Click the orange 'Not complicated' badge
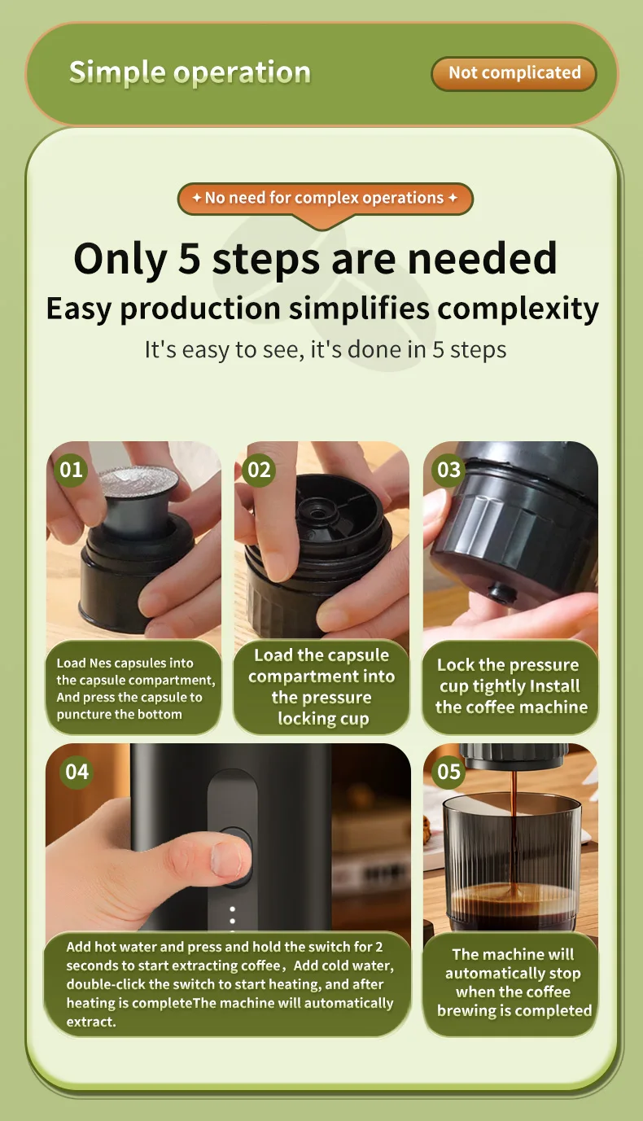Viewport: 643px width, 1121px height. tap(514, 73)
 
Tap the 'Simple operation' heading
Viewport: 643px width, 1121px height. tap(190, 72)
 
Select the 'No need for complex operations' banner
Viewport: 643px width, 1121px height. tap(325, 199)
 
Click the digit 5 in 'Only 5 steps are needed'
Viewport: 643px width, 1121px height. tap(189, 258)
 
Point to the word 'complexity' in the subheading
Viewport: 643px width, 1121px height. tap(518, 309)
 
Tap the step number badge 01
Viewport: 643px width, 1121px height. tap(71, 470)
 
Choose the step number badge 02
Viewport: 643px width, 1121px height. tap(259, 470)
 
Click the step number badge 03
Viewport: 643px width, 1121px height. tap(448, 470)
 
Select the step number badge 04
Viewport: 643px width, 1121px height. tap(77, 772)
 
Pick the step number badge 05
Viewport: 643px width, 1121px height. tap(448, 772)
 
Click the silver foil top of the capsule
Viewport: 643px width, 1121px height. tap(138, 483)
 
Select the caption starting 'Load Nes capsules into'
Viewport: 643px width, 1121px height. tap(136, 689)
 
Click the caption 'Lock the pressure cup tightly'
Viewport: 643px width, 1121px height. tap(511, 686)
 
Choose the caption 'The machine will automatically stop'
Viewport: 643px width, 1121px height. tap(514, 982)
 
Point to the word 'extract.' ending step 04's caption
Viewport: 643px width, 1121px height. tap(91, 1022)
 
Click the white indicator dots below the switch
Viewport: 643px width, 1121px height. tap(232, 920)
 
